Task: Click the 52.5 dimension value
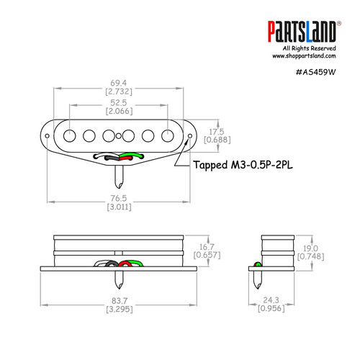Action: pyautogui.click(x=119, y=103)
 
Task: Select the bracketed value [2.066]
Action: pyautogui.click(x=119, y=112)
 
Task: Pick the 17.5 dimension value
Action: pyautogui.click(x=217, y=132)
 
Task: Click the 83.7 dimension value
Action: pyautogui.click(x=119, y=300)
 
